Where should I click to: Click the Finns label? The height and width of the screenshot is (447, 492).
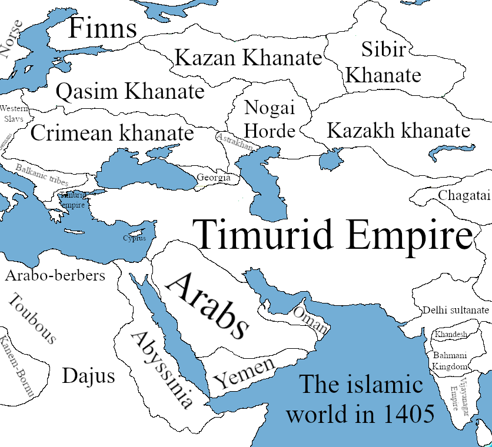click(x=102, y=29)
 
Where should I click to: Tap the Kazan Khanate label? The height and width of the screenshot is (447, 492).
click(x=248, y=58)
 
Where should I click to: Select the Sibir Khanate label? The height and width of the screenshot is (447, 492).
click(x=383, y=62)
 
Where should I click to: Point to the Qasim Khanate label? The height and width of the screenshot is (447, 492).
click(x=129, y=92)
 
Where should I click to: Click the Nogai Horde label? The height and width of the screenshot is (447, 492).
click(x=269, y=119)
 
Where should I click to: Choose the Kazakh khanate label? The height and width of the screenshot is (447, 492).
click(x=398, y=131)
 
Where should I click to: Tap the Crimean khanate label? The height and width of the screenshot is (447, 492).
click(x=112, y=134)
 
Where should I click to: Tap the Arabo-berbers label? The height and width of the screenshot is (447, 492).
click(x=55, y=275)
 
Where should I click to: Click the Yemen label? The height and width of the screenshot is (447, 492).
click(x=244, y=373)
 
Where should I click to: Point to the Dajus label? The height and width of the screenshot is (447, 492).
click(x=88, y=376)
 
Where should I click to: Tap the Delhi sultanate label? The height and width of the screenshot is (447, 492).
click(x=456, y=310)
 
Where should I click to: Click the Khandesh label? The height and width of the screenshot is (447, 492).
click(x=451, y=335)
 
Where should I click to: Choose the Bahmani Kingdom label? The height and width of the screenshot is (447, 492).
click(x=450, y=361)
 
